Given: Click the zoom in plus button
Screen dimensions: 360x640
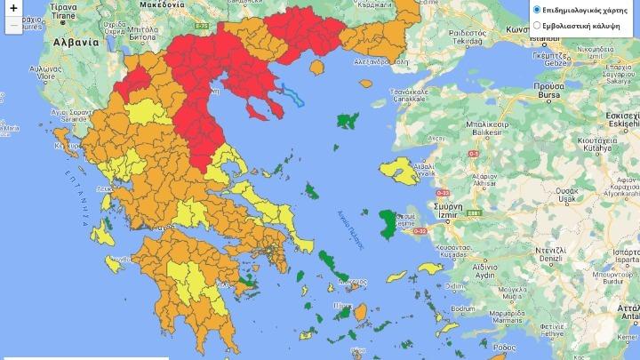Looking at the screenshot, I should pyautogui.click(x=12, y=8).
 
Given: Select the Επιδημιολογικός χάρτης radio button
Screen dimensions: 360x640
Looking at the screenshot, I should pyautogui.click(x=537, y=10).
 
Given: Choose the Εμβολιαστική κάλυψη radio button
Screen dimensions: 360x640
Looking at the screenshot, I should pyautogui.click(x=537, y=26).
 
